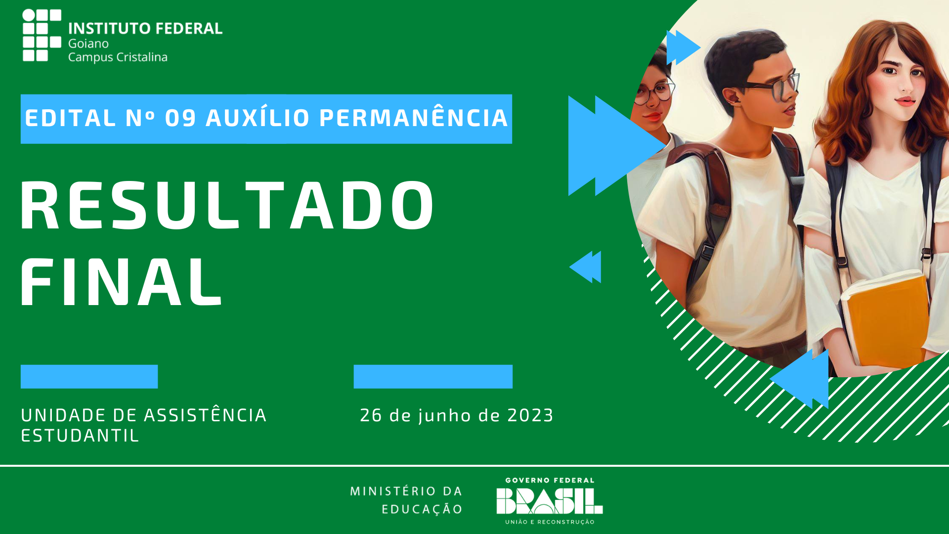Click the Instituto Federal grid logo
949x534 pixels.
[42, 35]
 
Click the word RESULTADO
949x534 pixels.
[227, 205]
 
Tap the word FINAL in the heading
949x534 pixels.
[121, 282]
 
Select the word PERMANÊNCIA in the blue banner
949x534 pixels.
[414, 118]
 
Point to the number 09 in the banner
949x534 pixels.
[180, 119]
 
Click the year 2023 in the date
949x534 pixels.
[530, 415]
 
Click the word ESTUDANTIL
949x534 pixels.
[80, 436]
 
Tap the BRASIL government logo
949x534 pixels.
[550, 501]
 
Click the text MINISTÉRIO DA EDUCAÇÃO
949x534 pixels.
[406, 500]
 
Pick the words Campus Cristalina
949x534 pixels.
[118, 57]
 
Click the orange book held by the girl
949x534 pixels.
[885, 321]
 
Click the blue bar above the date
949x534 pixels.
[433, 377]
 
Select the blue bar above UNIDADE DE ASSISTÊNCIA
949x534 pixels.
[89, 377]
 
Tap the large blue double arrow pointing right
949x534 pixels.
[615, 145]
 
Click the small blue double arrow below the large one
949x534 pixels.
[585, 267]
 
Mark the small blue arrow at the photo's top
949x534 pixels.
[683, 47]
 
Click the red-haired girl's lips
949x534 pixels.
[906, 102]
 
